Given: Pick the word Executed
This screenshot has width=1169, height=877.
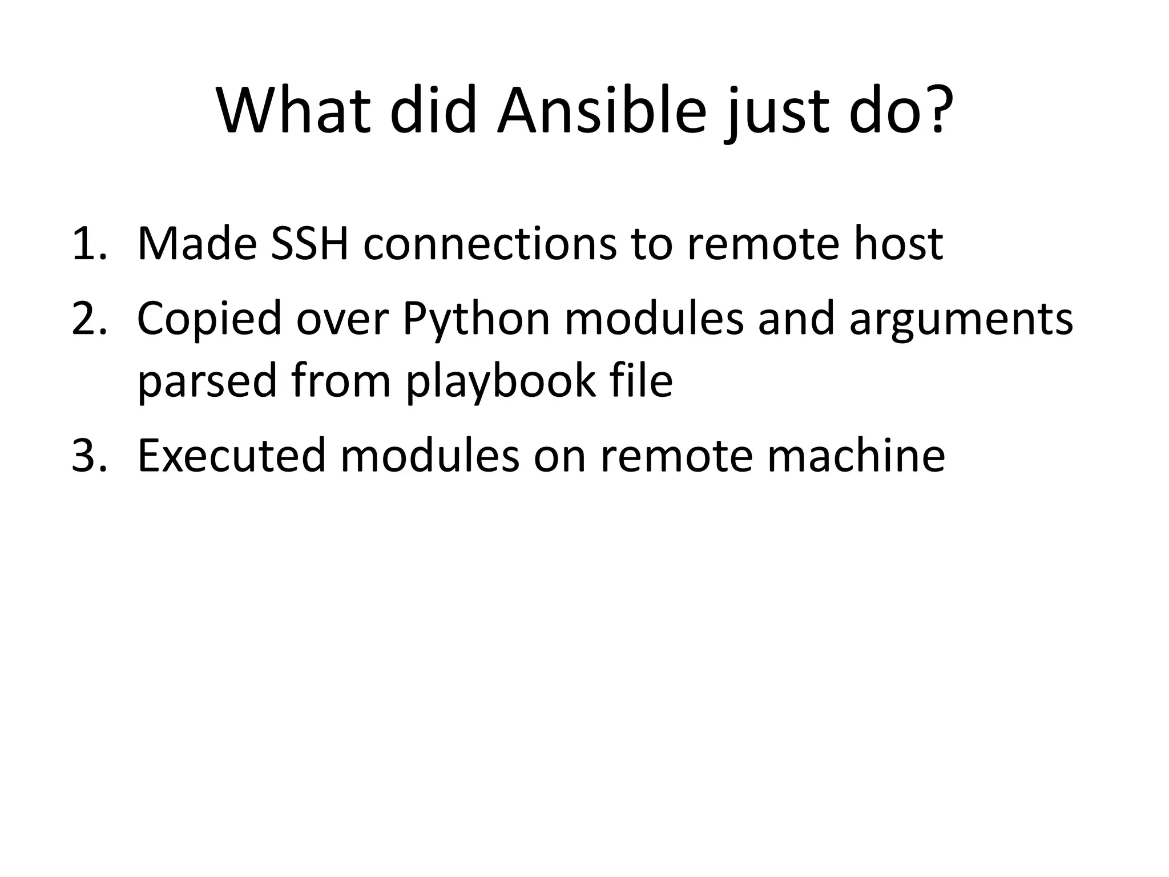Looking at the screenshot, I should (x=231, y=456).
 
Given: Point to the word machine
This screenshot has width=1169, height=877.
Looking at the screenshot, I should (x=856, y=456).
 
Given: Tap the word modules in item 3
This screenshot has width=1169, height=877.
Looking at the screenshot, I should (x=430, y=456).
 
